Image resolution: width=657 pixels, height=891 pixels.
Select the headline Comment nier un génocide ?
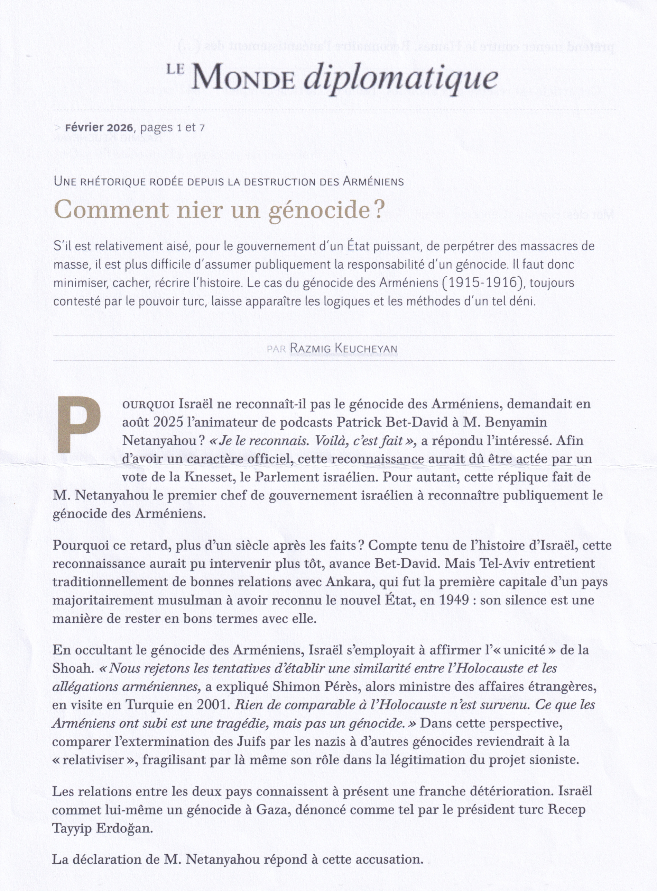tap(218, 210)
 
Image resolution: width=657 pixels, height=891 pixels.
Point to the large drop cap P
tap(79, 425)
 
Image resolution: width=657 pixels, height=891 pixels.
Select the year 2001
tap(213, 705)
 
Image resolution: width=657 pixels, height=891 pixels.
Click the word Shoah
tap(72, 668)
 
